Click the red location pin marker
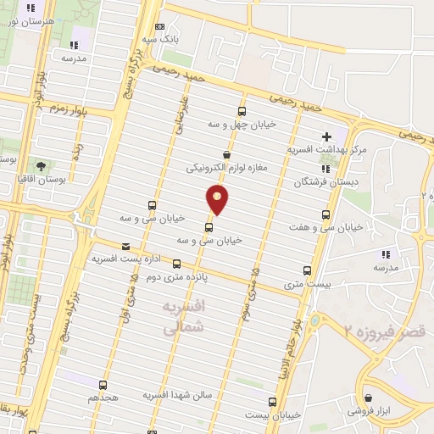[x=219, y=200]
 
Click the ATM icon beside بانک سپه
[x=160, y=27]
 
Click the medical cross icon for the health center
[x=326, y=136]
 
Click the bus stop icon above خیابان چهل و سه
[x=242, y=111]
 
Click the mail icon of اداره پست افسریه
[x=125, y=244]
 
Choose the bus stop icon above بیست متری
[x=307, y=271]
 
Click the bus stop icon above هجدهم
[x=103, y=384]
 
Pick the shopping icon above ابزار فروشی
[x=368, y=398]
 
